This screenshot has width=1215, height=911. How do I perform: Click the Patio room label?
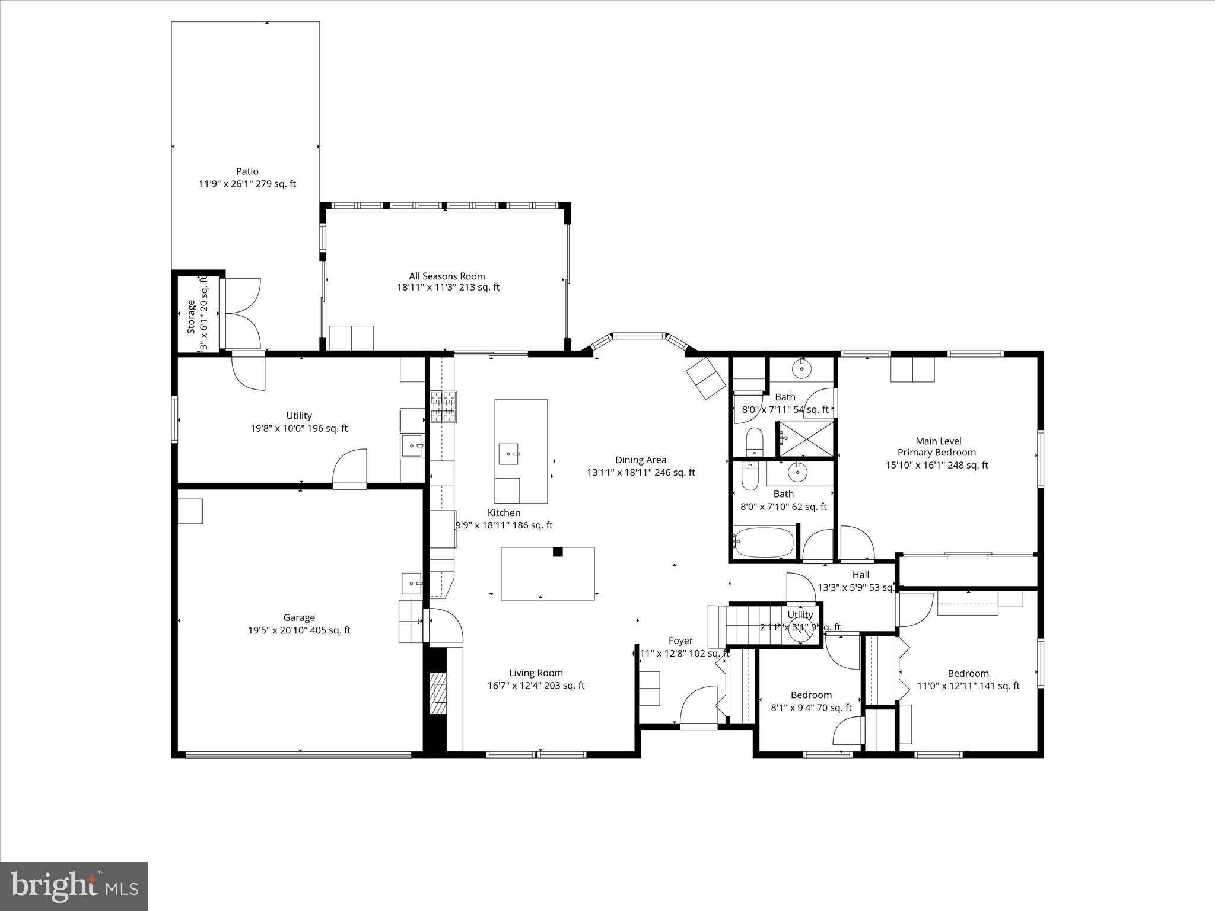[247, 172]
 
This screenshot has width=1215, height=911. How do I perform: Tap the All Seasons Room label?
[447, 276]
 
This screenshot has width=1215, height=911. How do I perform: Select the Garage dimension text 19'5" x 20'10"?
[299, 630]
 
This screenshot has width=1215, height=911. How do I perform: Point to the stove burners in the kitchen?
[443, 407]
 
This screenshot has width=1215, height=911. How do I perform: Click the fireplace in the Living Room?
[438, 693]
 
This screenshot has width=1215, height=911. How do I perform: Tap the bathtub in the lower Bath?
[764, 542]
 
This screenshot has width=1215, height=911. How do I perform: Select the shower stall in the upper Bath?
[806, 439]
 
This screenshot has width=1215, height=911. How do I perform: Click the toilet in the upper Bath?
[754, 441]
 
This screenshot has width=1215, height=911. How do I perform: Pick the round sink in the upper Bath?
[802, 369]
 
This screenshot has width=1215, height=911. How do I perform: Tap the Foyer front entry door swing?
[700, 706]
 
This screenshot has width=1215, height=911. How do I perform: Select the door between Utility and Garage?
[350, 469]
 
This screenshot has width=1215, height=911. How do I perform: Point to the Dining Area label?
[641, 460]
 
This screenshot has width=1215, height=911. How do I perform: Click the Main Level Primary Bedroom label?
[937, 447]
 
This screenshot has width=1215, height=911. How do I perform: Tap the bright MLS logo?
[74, 886]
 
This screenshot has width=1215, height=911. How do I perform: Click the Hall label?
[860, 575]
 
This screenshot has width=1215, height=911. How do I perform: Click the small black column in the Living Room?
[558, 552]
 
